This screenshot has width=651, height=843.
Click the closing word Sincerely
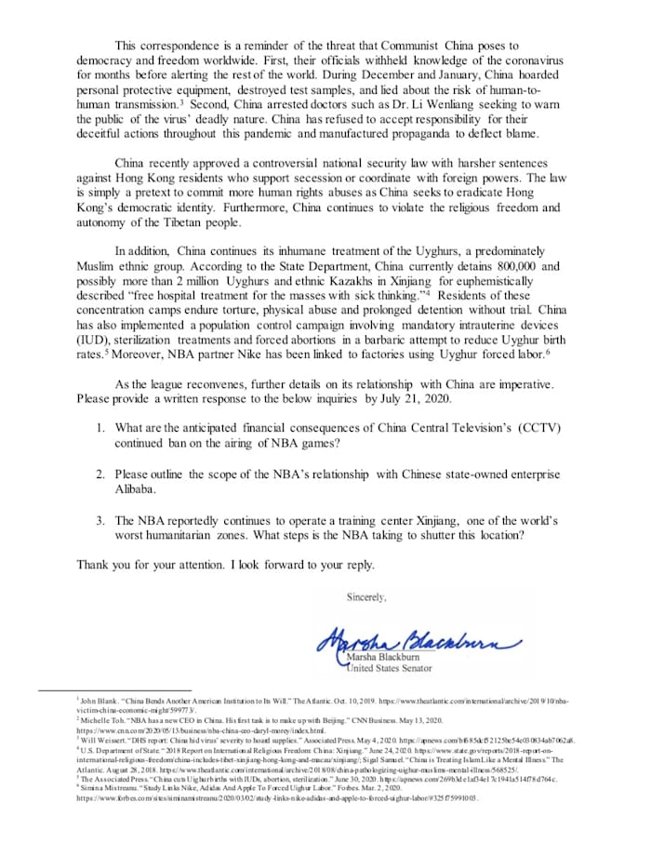[366, 595]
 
